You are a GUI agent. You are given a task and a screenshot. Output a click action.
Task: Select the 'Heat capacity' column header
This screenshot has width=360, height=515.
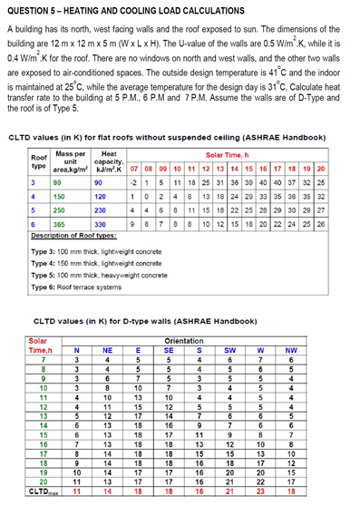pyautogui.click(x=109, y=162)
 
